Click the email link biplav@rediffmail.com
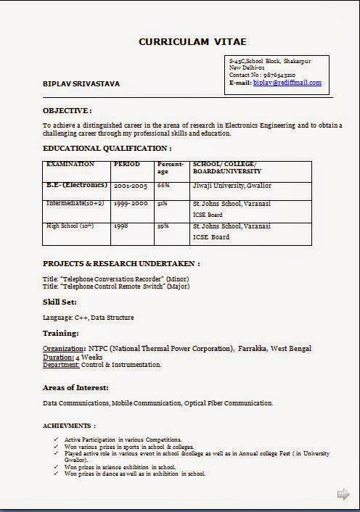pyautogui.click(x=287, y=83)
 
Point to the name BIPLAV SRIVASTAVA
pyautogui.click(x=81, y=84)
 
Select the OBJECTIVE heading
pyautogui.click(x=67, y=111)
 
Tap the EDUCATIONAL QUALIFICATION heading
pyautogui.click(x=107, y=148)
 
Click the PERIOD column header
pyautogui.click(x=127, y=165)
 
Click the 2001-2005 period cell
pyautogui.click(x=131, y=186)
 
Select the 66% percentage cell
pyautogui.click(x=163, y=186)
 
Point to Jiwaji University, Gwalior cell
pyautogui.click(x=232, y=186)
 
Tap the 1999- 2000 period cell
pyautogui.click(x=131, y=205)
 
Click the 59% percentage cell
pyautogui.click(x=163, y=226)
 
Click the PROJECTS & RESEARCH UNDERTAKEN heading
pyautogui.click(x=121, y=263)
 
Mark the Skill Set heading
pyautogui.click(x=60, y=301)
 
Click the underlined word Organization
pyautogui.click(x=64, y=349)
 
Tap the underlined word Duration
pyautogui.click(x=57, y=357)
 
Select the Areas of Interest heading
pyautogui.click(x=75, y=388)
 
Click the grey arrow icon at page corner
pyautogui.click(x=343, y=494)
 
